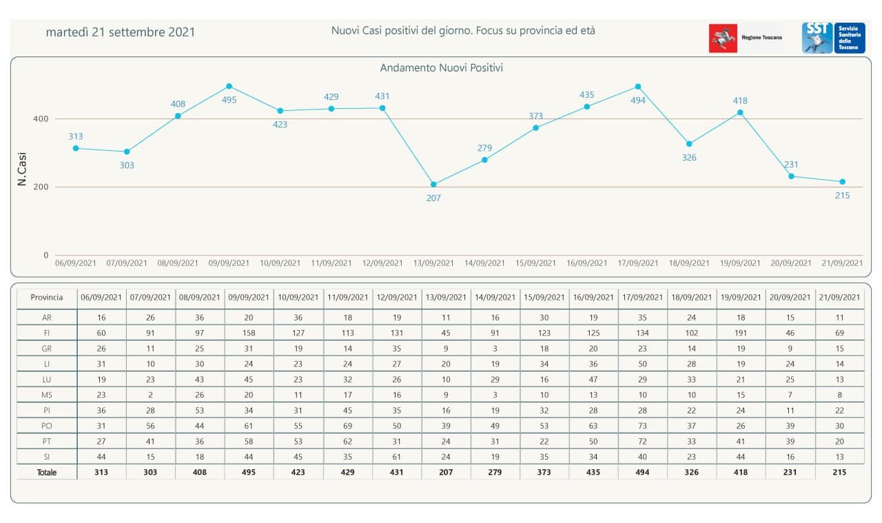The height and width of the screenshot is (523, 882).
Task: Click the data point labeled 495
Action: click(x=229, y=86)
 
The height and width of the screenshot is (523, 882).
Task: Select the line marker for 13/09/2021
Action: click(x=433, y=185)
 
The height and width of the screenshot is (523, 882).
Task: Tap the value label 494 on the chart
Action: click(x=638, y=101)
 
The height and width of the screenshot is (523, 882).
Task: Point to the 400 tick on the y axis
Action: click(x=41, y=119)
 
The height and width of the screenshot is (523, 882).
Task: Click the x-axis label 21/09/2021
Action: click(x=842, y=263)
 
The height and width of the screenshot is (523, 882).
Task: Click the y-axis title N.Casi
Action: click(x=22, y=170)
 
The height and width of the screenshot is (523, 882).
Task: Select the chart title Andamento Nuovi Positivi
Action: click(x=442, y=68)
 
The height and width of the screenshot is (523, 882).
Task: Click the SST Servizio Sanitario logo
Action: click(x=833, y=38)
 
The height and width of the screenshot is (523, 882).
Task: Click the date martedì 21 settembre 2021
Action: click(x=121, y=32)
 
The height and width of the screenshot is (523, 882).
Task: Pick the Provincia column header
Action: click(x=47, y=298)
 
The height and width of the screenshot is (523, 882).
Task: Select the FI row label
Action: click(x=47, y=333)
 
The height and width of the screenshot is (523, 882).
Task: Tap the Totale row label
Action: click(x=47, y=473)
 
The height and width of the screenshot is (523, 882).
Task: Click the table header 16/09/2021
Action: click(x=593, y=298)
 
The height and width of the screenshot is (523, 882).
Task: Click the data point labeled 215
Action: click(x=842, y=182)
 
